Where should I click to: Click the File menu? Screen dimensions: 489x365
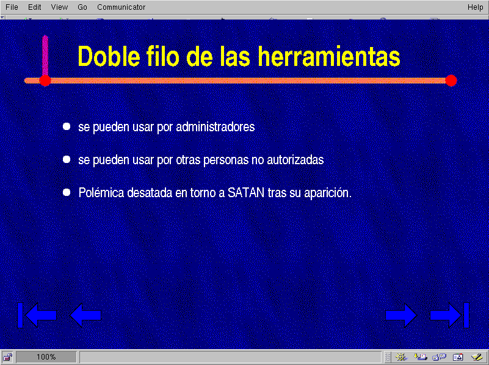(x=12, y=7)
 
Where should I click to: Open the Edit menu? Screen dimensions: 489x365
(x=34, y=7)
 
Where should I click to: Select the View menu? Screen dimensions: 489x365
(x=59, y=7)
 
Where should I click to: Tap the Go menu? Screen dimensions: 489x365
(x=82, y=7)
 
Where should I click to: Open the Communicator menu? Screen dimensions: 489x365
(x=121, y=7)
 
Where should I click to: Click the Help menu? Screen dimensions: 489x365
(x=475, y=7)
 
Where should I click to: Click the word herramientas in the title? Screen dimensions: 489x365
(x=329, y=56)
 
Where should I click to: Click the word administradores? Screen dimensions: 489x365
(x=215, y=127)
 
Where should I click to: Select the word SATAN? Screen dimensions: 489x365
(x=246, y=193)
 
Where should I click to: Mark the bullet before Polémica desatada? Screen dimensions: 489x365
(x=67, y=192)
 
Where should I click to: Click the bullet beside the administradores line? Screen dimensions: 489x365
(x=67, y=126)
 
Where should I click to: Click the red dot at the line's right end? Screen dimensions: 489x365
(x=451, y=81)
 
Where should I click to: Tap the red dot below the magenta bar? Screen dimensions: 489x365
(x=45, y=81)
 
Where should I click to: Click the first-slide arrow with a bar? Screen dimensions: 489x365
(x=37, y=315)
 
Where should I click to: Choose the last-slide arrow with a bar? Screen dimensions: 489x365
(x=449, y=315)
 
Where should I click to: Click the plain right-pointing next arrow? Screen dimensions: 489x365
(x=401, y=316)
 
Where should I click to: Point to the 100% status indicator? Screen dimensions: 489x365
(x=46, y=357)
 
